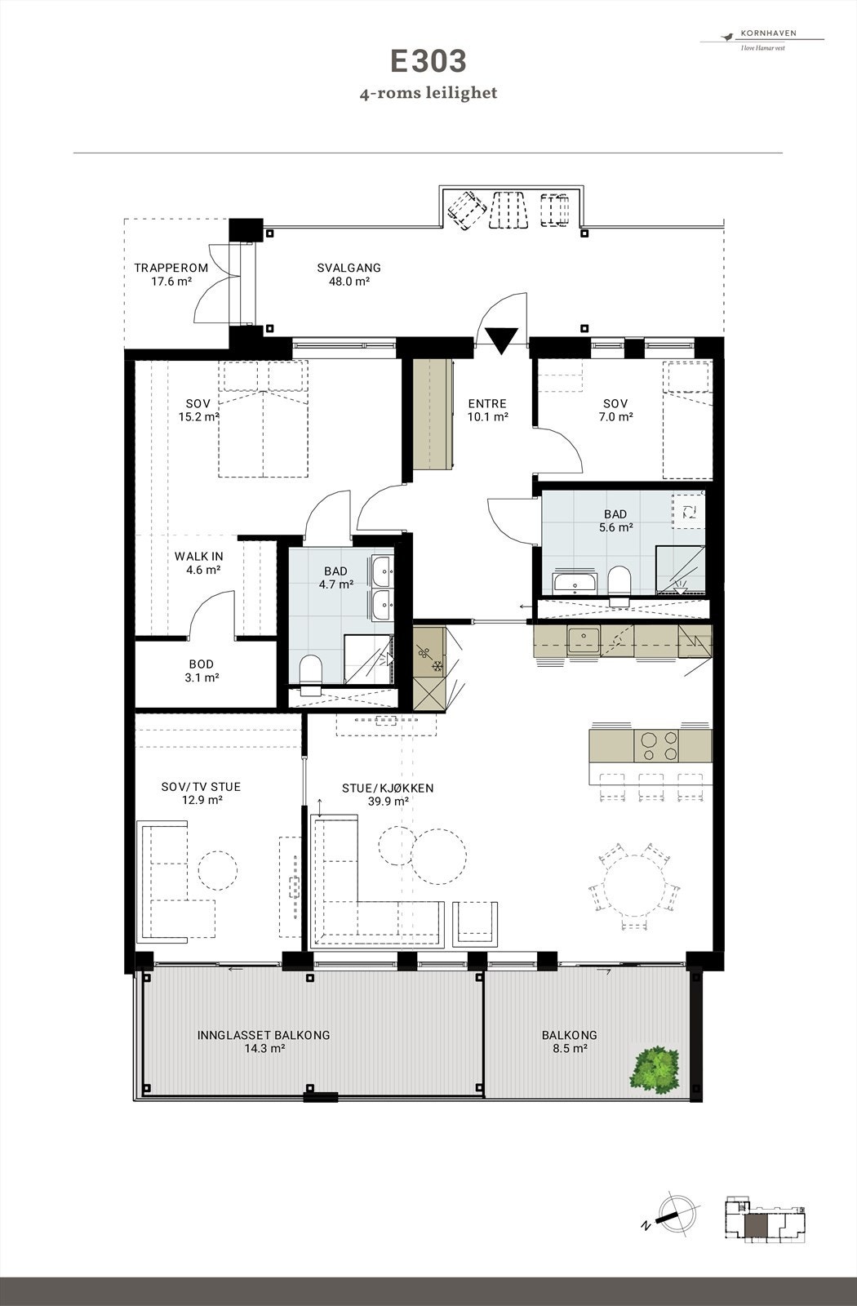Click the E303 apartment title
pyautogui.click(x=428, y=62)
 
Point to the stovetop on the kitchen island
pyautogui.click(x=657, y=745)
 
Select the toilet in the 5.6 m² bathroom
pyautogui.click(x=619, y=583)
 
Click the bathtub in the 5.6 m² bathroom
pyautogui.click(x=575, y=583)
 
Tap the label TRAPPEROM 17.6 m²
pyautogui.click(x=171, y=274)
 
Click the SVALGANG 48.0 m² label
pyautogui.click(x=349, y=274)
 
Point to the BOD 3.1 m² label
pyautogui.click(x=202, y=671)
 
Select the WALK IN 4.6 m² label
pyautogui.click(x=198, y=563)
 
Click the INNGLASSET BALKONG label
pyautogui.click(x=263, y=1041)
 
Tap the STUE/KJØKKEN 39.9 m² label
pyautogui.click(x=387, y=794)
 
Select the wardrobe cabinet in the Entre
pyautogui.click(x=432, y=414)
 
